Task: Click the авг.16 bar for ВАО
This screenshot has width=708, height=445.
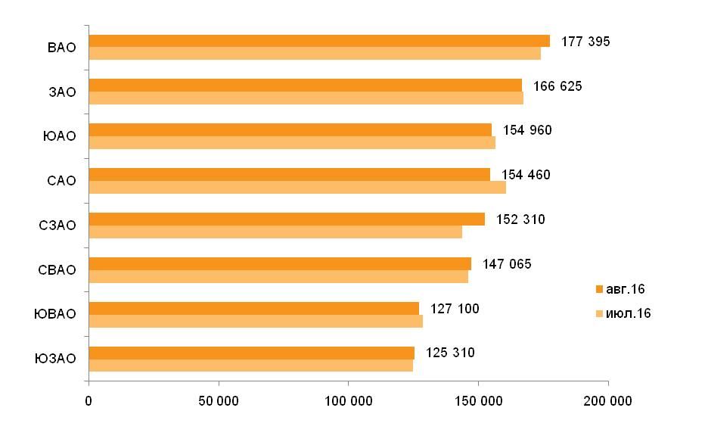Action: (x=319, y=41)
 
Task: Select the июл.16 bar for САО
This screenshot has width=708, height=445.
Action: (x=297, y=188)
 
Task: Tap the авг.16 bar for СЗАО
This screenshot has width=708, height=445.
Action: (x=287, y=219)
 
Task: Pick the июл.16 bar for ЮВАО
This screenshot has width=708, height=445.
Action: (x=256, y=321)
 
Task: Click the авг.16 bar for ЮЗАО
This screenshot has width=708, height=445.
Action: (x=251, y=353)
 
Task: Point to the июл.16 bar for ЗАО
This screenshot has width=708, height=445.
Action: (x=306, y=98)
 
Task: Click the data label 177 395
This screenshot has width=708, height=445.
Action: (x=585, y=42)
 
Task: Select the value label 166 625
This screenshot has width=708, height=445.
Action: (x=557, y=86)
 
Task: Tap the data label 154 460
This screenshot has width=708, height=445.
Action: (x=526, y=175)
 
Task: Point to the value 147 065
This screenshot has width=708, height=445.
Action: (x=507, y=264)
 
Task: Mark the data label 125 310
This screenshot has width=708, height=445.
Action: (x=450, y=353)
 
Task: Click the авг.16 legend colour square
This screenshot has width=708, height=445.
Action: (x=600, y=289)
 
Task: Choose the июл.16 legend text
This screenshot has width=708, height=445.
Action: (x=628, y=313)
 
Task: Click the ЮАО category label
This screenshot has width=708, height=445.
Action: (x=60, y=136)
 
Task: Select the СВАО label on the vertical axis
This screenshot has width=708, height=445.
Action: (x=57, y=270)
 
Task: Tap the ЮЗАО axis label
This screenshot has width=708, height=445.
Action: (x=55, y=359)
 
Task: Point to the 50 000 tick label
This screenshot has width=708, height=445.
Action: (x=219, y=401)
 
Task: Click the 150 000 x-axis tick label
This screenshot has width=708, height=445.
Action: (x=479, y=401)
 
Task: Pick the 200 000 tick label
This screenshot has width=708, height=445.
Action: (x=607, y=401)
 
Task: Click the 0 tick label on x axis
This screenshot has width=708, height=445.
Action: (x=88, y=401)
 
